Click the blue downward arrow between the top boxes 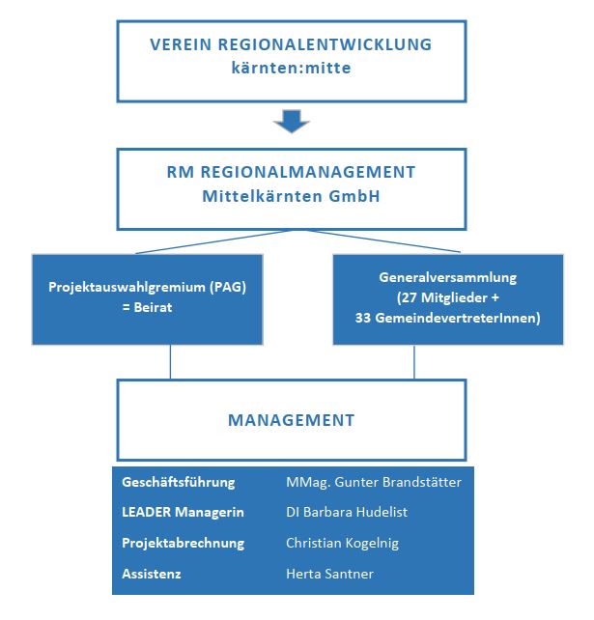pyautogui.click(x=292, y=121)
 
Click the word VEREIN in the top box pyautogui.click(x=181, y=44)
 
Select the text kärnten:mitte pyautogui.click(x=291, y=68)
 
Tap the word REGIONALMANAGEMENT pyautogui.click(x=308, y=172)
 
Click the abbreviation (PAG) pyautogui.click(x=228, y=287)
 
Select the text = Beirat pyautogui.click(x=147, y=307)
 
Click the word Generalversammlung pyautogui.click(x=448, y=277)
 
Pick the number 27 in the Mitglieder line pyautogui.click(x=409, y=297)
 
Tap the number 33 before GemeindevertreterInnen pyautogui.click(x=362, y=318)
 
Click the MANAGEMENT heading pyautogui.click(x=292, y=420)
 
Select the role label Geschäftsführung pyautogui.click(x=179, y=483)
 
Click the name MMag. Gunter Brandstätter pyautogui.click(x=374, y=482)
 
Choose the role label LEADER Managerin pyautogui.click(x=183, y=512)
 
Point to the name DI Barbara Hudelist pyautogui.click(x=347, y=512)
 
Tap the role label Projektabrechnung pyautogui.click(x=184, y=543)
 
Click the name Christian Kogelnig pyautogui.click(x=342, y=543)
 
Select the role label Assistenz pyautogui.click(x=151, y=574)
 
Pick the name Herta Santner pyautogui.click(x=329, y=574)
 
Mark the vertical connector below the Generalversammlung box pyautogui.click(x=414, y=362)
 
